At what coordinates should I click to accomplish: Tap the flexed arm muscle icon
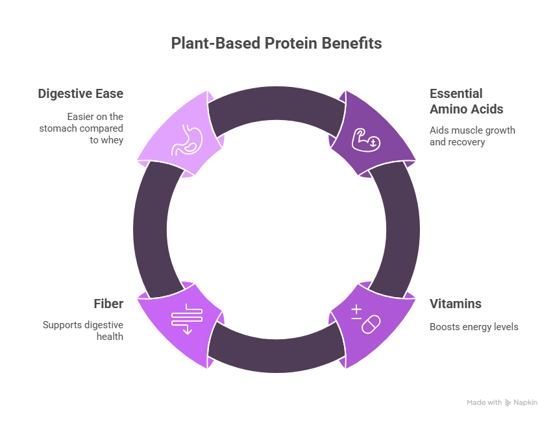click(x=365, y=139)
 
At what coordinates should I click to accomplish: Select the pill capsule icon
click(x=371, y=324)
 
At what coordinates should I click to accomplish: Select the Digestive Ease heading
click(x=80, y=94)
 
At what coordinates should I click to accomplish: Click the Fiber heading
click(x=109, y=304)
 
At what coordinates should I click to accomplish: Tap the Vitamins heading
click(x=455, y=304)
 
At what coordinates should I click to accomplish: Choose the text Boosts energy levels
click(x=473, y=327)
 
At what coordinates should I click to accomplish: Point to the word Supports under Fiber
click(x=62, y=324)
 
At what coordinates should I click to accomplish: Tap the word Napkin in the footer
click(x=527, y=403)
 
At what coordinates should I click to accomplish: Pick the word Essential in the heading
click(x=456, y=94)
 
